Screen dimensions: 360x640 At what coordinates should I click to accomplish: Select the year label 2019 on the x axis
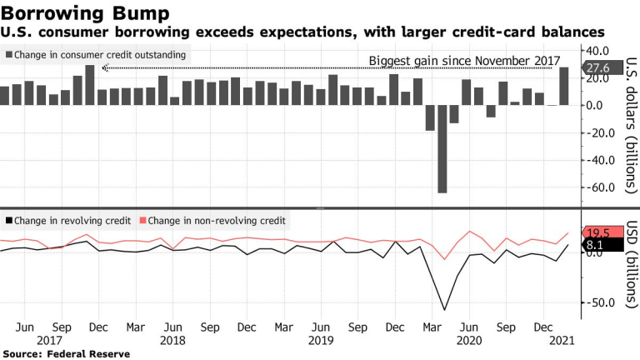click(x=320, y=341)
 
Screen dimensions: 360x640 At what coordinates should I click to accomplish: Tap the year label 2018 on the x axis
click(x=172, y=341)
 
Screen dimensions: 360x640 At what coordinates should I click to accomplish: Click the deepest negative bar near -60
click(x=442, y=149)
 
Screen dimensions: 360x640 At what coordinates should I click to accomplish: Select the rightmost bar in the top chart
click(x=564, y=86)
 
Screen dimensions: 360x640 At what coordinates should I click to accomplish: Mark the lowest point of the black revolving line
click(x=443, y=310)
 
